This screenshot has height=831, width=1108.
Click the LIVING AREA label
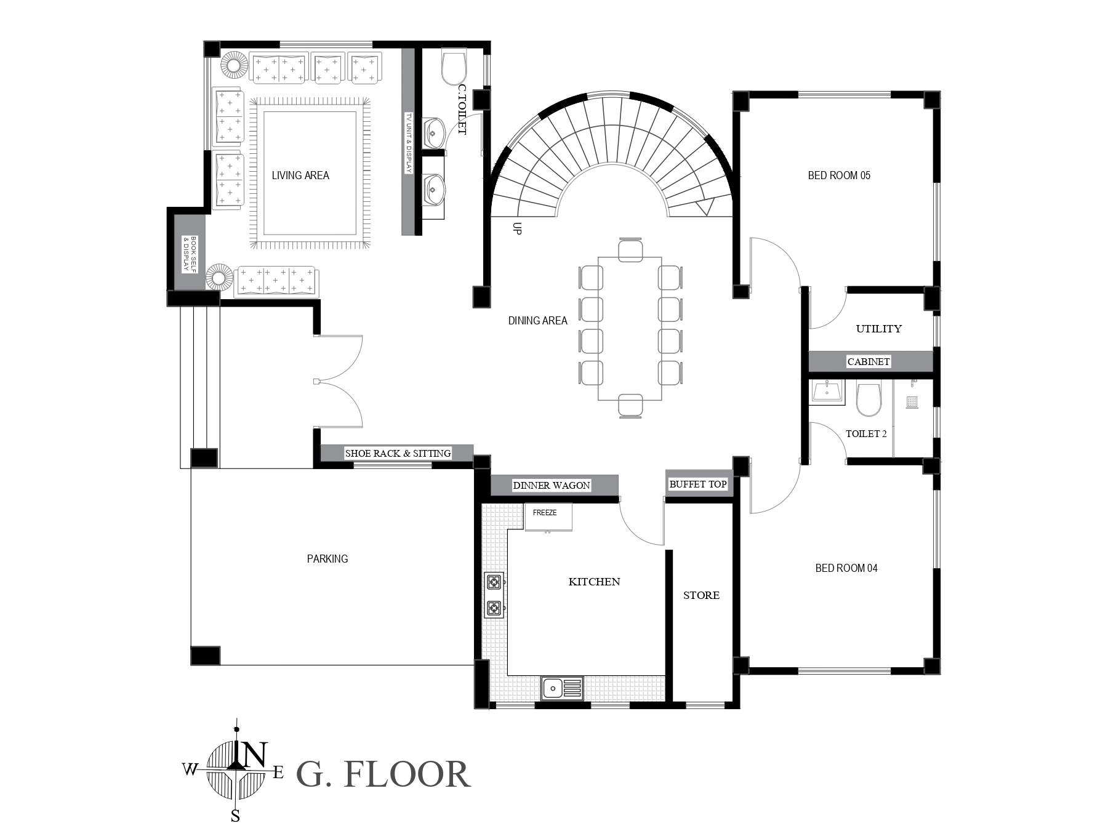coord(300,175)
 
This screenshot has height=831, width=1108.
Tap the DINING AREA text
coord(537,321)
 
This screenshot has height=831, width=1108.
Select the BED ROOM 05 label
coord(839,175)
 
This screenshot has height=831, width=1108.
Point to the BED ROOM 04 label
coord(846,568)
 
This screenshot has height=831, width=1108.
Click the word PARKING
coord(327,559)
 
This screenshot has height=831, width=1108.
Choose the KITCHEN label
coord(594,582)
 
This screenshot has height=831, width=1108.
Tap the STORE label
coord(701,595)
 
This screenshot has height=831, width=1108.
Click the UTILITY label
coord(879,329)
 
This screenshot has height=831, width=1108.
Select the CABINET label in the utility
coord(869,362)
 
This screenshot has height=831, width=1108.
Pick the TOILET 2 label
coord(866,434)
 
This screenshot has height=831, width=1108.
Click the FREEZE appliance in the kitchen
coord(548,517)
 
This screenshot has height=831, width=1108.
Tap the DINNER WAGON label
coord(552,486)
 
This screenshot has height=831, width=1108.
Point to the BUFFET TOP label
coord(698,484)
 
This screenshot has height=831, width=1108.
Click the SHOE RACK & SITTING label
coord(398,454)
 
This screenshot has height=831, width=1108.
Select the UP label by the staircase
coord(517,228)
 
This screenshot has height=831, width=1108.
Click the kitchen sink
coord(562,688)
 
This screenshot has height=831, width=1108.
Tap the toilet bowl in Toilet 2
coord(869,399)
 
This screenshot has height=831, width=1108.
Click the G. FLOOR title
coord(383,774)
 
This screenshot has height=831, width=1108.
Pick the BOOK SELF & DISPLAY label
coord(190,254)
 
